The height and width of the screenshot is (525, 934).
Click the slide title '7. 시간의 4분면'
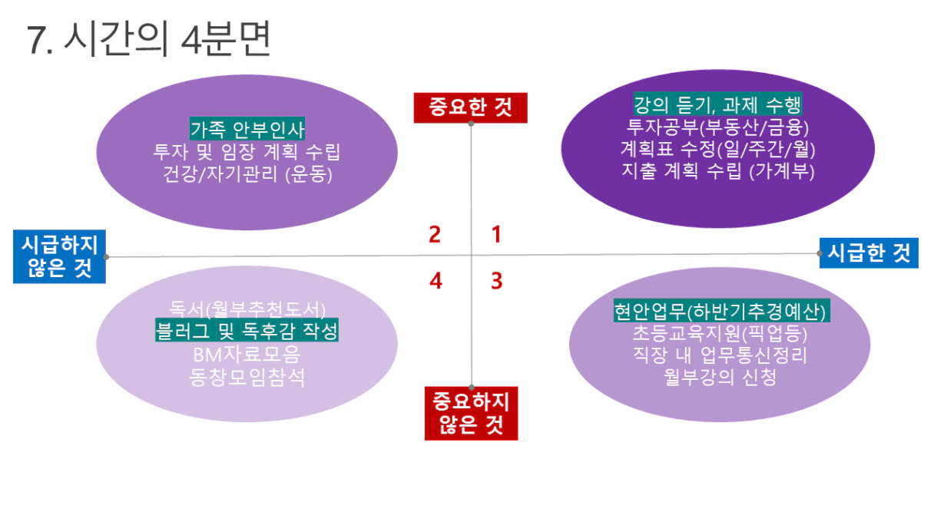coord(149,40)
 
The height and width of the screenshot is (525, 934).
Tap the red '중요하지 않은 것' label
coord(471,413)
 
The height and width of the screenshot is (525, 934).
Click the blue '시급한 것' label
coord(869,253)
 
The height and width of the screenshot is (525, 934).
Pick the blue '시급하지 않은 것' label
coord(59,256)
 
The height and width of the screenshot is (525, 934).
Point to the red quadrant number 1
coord(496,234)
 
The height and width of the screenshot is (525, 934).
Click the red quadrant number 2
coord(435,234)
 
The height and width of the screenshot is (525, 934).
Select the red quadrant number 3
coord(496,281)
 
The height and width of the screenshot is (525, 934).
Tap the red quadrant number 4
coord(436,281)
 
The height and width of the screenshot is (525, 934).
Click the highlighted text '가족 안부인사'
coord(247,128)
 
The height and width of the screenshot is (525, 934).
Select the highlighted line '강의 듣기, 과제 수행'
coord(717,104)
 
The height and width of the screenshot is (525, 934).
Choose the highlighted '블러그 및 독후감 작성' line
coord(247,332)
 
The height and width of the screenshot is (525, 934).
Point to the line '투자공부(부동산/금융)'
coord(717,126)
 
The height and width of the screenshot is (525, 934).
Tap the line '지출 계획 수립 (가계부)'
coord(717,170)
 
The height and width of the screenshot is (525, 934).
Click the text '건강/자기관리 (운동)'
coord(247,173)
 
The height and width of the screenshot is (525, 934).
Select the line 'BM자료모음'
coord(247,355)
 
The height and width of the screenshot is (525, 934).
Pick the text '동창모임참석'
coord(247,377)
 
